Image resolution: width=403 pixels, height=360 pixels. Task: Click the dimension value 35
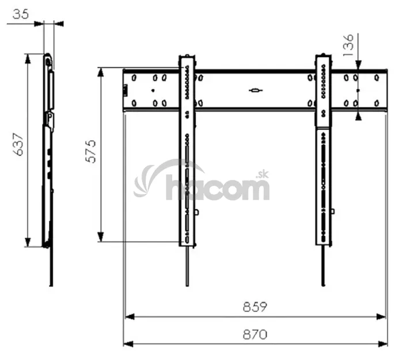21,14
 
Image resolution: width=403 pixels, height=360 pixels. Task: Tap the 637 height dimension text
18,144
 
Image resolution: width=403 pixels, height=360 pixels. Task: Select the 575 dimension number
90,151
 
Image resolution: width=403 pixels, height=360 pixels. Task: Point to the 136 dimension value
348,45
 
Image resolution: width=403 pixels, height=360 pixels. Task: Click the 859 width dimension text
255,307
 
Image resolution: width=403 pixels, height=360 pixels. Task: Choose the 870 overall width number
255,335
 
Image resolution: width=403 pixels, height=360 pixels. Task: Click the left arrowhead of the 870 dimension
128,344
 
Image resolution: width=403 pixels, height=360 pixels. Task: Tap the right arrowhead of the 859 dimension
381,317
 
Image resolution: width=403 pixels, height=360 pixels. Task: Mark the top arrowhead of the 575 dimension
101,72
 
